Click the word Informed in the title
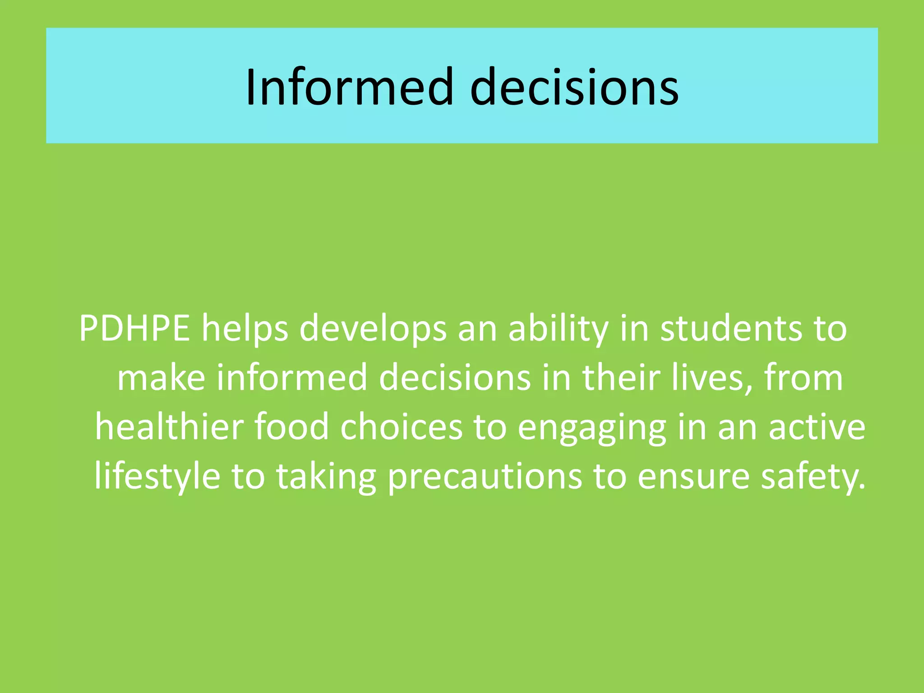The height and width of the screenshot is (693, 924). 349,87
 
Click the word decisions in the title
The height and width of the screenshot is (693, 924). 574,87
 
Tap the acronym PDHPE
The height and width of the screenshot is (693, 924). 134,328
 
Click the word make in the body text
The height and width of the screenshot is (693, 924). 161,378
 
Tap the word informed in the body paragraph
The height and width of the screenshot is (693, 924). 292,378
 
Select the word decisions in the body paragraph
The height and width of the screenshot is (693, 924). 455,378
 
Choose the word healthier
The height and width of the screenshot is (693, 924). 169,427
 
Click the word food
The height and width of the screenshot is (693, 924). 291,427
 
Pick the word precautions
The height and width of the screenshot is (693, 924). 485,477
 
